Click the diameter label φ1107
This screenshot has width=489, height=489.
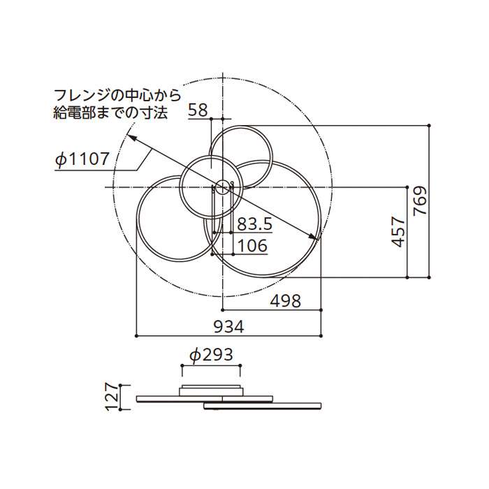coord(82,159)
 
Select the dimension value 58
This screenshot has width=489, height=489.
coord(198,110)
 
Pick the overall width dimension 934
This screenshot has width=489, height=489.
coord(228,327)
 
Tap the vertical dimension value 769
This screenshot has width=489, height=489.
coord(420,201)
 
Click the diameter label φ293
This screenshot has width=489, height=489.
coord(211,355)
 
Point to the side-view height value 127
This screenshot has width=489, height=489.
coord(110,397)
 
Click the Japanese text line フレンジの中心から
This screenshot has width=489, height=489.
coord(117,95)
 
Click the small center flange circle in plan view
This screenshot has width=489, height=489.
coord(222,187)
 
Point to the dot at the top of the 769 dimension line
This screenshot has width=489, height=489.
coord(429,124)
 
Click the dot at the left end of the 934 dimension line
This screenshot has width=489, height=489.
coord(136,336)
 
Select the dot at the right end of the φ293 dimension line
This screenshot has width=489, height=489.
coord(241,365)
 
